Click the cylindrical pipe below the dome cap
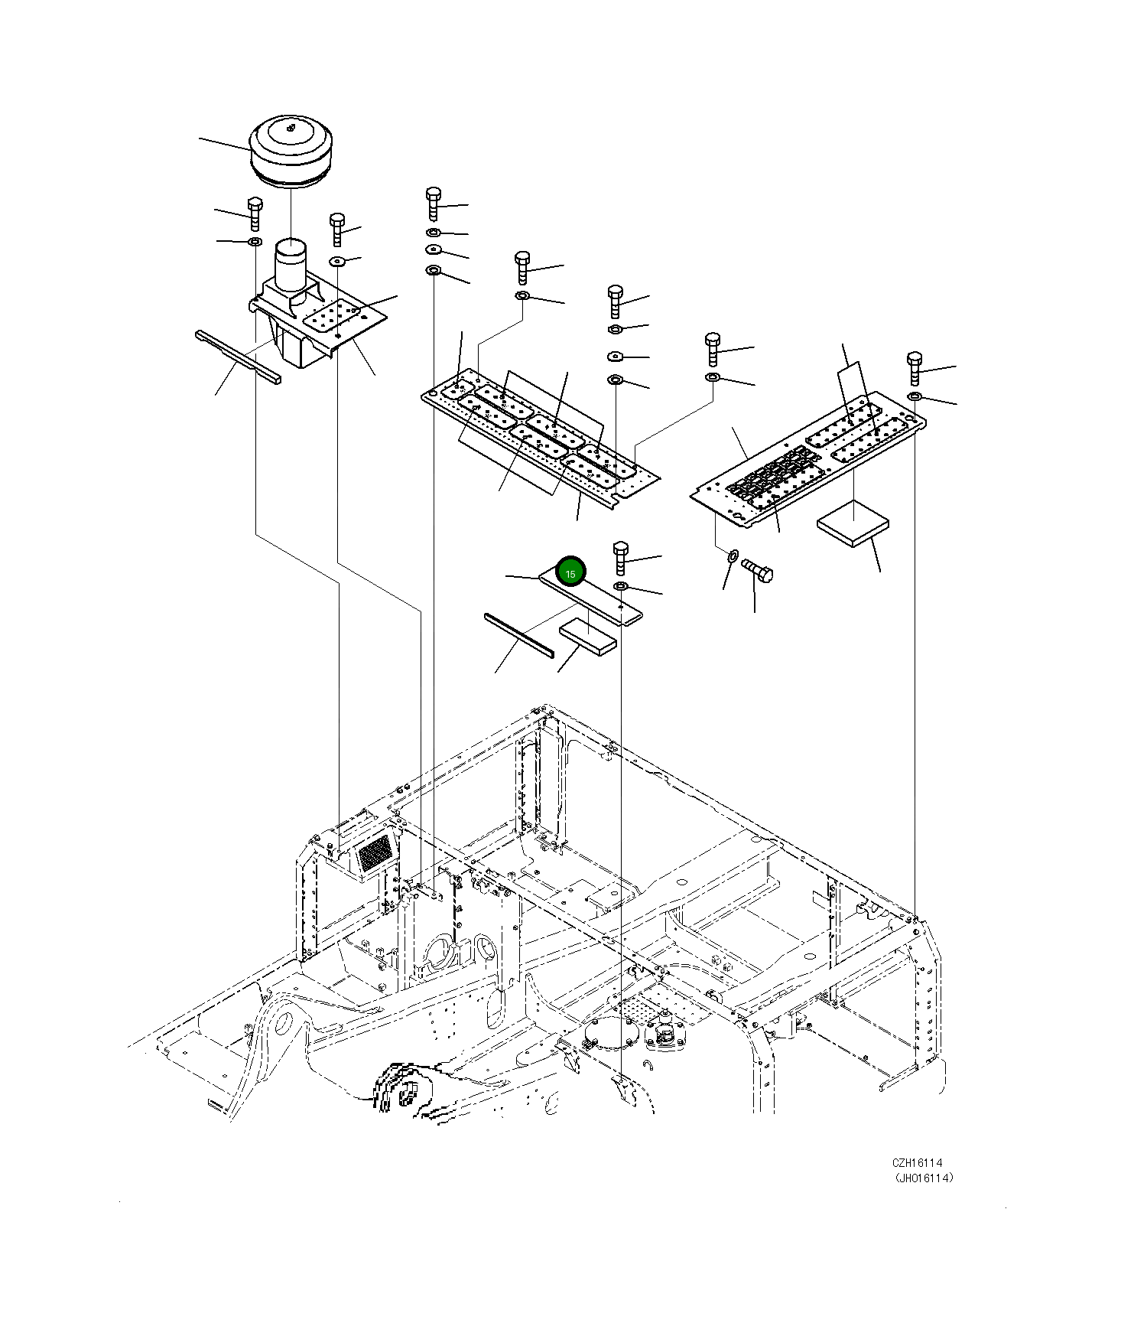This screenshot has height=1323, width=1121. pos(291,264)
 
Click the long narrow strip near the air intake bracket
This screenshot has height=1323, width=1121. pos(238,357)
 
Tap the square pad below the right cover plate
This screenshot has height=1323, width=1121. pos(853,523)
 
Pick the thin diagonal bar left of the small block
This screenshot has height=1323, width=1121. pos(518,634)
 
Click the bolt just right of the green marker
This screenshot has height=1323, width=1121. pos(620,558)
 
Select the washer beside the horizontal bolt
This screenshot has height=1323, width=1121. pos(731,555)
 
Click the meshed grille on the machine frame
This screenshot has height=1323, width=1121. pos(375,852)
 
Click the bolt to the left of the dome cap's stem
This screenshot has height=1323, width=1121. pos(255,213)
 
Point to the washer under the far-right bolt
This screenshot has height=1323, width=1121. pos(915,396)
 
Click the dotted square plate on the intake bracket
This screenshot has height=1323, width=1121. pos(332,316)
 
